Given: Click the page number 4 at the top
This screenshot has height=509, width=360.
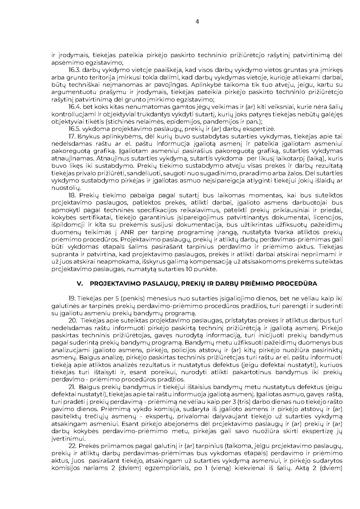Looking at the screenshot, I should coord(197,21).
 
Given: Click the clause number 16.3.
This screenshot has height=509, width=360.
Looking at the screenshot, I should coord(74,70).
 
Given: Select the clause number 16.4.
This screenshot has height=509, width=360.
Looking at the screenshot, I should coord(74,107).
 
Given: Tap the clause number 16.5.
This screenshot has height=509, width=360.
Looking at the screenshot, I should coord(74,129).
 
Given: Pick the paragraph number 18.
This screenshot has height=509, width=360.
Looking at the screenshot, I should coord(73,195).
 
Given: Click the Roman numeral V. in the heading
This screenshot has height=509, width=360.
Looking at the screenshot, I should coord(80,284).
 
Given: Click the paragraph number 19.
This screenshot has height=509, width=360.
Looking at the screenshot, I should coord(72,299).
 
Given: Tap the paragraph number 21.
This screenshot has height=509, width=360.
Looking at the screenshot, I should coord(72,387).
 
